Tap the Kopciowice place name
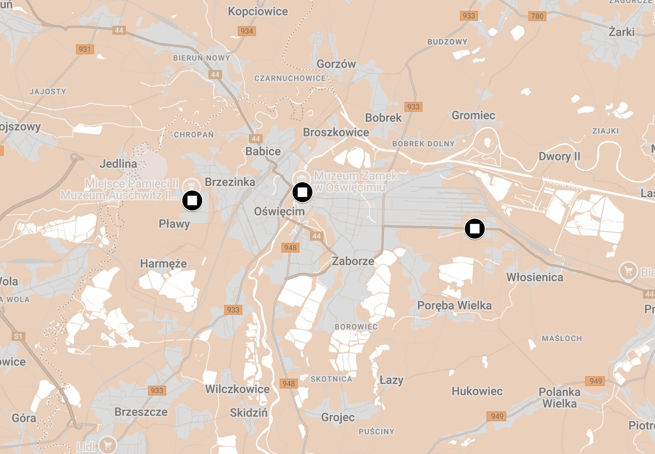pos(258,12)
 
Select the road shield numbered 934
pos(247,31)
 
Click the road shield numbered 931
pos(85,49)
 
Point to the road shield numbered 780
pos(537,16)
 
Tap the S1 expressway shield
pos(18,336)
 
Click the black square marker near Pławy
pos(192,200)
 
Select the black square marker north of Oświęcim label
pos(302,192)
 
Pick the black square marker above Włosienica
pos(475,229)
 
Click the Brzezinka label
pos(230,182)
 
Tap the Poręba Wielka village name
pos(454,306)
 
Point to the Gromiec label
pos(473,115)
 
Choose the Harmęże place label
pos(163,263)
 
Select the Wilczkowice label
pos(237,389)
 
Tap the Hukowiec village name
pos(477,391)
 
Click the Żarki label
pos(621,32)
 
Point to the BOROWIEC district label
pos(356,327)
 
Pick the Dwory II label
pos(559,157)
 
